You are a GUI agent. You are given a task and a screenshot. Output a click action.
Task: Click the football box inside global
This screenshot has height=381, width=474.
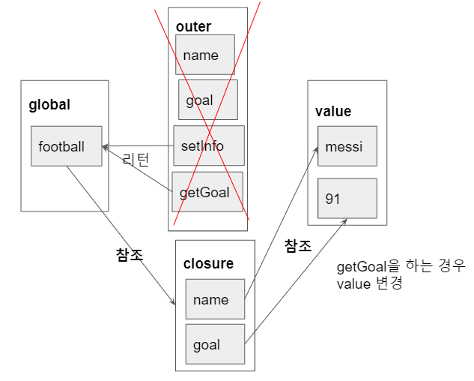67,146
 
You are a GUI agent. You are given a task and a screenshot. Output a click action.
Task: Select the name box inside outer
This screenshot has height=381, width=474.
205,55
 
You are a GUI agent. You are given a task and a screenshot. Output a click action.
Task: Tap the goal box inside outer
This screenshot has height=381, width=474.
208,100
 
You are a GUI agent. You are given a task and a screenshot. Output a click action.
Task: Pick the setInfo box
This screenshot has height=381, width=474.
208,145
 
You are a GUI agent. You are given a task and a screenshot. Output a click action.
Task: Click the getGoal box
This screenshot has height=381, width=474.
207,192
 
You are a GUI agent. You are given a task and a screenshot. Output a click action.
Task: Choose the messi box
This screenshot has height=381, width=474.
347,146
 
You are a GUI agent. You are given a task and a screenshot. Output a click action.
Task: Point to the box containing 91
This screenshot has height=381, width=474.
347,199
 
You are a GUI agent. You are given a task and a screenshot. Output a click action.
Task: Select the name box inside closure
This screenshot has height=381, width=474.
215,299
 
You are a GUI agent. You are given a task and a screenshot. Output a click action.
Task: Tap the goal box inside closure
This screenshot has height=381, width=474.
215,344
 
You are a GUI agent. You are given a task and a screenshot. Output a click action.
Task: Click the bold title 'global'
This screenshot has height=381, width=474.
49,105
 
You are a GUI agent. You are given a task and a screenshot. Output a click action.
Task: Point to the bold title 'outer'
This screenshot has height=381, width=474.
193,27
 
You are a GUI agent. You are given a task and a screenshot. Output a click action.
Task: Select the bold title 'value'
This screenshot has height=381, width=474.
333,112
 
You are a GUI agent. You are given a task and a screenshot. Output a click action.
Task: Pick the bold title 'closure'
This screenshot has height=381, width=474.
208,263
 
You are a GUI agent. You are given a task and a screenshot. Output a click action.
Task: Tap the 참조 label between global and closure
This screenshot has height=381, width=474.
129,254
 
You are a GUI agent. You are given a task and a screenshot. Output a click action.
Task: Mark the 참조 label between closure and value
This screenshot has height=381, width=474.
298,245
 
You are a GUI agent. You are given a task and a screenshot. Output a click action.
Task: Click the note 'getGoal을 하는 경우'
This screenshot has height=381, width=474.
401,266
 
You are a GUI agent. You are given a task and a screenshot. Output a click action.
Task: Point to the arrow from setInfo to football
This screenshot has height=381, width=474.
139,145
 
